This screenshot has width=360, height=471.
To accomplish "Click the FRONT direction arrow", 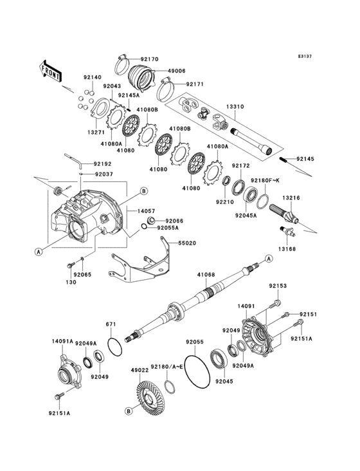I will (x=50, y=70).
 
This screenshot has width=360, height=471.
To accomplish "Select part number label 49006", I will (x=177, y=71).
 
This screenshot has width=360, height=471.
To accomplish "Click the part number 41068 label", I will (x=206, y=274).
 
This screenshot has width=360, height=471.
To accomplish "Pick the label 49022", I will (x=140, y=370).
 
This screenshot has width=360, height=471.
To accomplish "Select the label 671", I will (x=111, y=324).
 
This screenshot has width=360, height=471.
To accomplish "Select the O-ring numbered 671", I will (x=115, y=346).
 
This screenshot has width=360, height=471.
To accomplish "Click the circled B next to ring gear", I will (x=129, y=410).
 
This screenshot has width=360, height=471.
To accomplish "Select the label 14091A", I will (x=62, y=342).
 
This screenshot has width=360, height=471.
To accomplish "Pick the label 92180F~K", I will (x=264, y=181).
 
